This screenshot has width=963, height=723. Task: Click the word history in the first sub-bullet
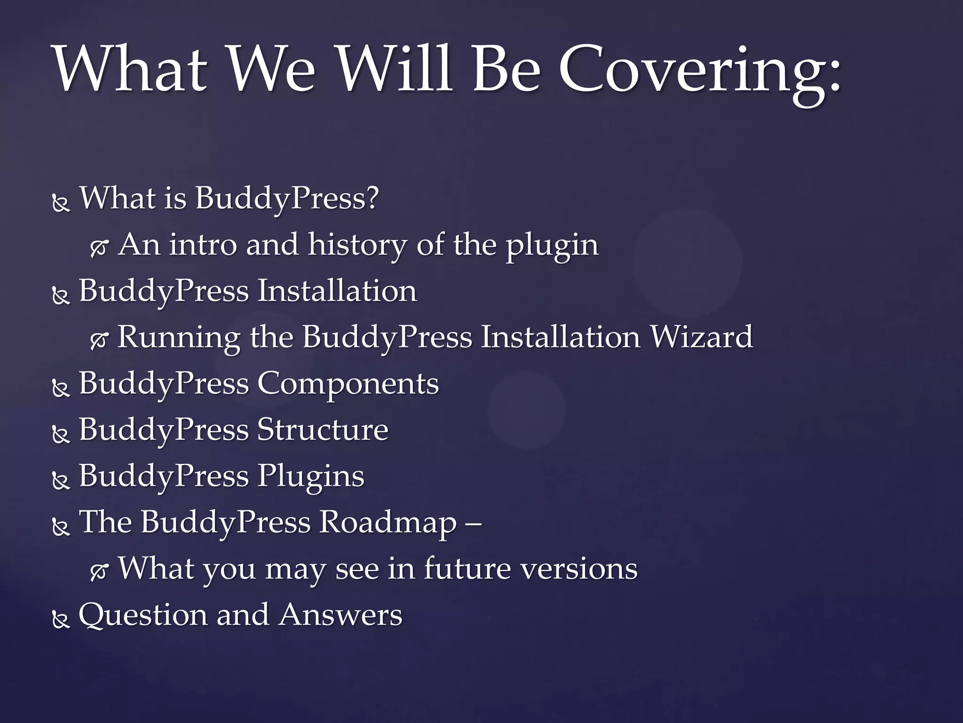(357, 245)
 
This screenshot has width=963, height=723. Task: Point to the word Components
(348, 384)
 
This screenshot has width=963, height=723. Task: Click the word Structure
(323, 430)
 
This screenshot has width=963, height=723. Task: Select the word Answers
(340, 615)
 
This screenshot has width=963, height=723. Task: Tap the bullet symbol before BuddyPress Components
(61, 388)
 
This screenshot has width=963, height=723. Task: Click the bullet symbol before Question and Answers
(61, 620)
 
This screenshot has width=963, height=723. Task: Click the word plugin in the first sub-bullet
(552, 246)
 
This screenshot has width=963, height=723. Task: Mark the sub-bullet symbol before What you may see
(99, 573)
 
